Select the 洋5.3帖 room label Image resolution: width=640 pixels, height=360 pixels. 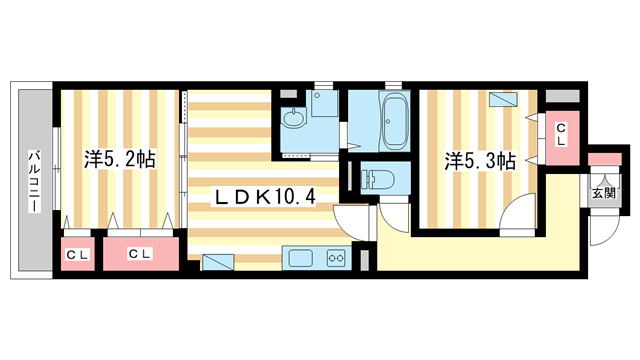click(480, 161)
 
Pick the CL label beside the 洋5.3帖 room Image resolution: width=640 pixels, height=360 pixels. click(562, 132)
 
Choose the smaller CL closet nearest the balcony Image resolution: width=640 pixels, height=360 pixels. click(77, 255)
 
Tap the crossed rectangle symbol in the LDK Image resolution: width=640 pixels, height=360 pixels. click(216, 263)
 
